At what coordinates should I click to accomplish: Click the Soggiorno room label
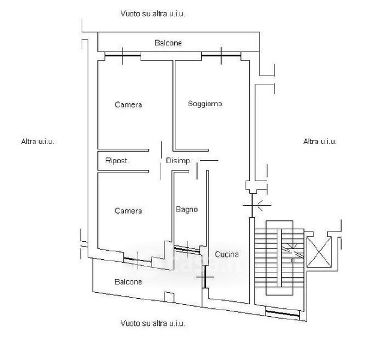[x=204, y=104]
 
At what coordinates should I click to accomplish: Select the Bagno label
[x=187, y=209]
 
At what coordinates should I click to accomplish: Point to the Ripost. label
[x=117, y=161]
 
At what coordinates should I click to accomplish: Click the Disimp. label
[x=178, y=161]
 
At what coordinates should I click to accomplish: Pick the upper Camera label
[x=128, y=105]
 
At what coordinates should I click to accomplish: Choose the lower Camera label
[x=128, y=211]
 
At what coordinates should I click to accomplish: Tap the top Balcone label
[x=168, y=43]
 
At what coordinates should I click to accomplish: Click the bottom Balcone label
[x=128, y=281]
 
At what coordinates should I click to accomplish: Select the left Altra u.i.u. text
[x=38, y=142]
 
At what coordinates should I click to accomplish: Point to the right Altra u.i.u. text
[x=320, y=142]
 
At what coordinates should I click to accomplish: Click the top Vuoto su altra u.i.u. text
[x=153, y=13]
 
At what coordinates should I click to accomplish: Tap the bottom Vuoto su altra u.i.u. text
[x=153, y=323]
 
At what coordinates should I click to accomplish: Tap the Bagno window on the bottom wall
[x=188, y=248]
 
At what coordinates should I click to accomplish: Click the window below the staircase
[x=282, y=313]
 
